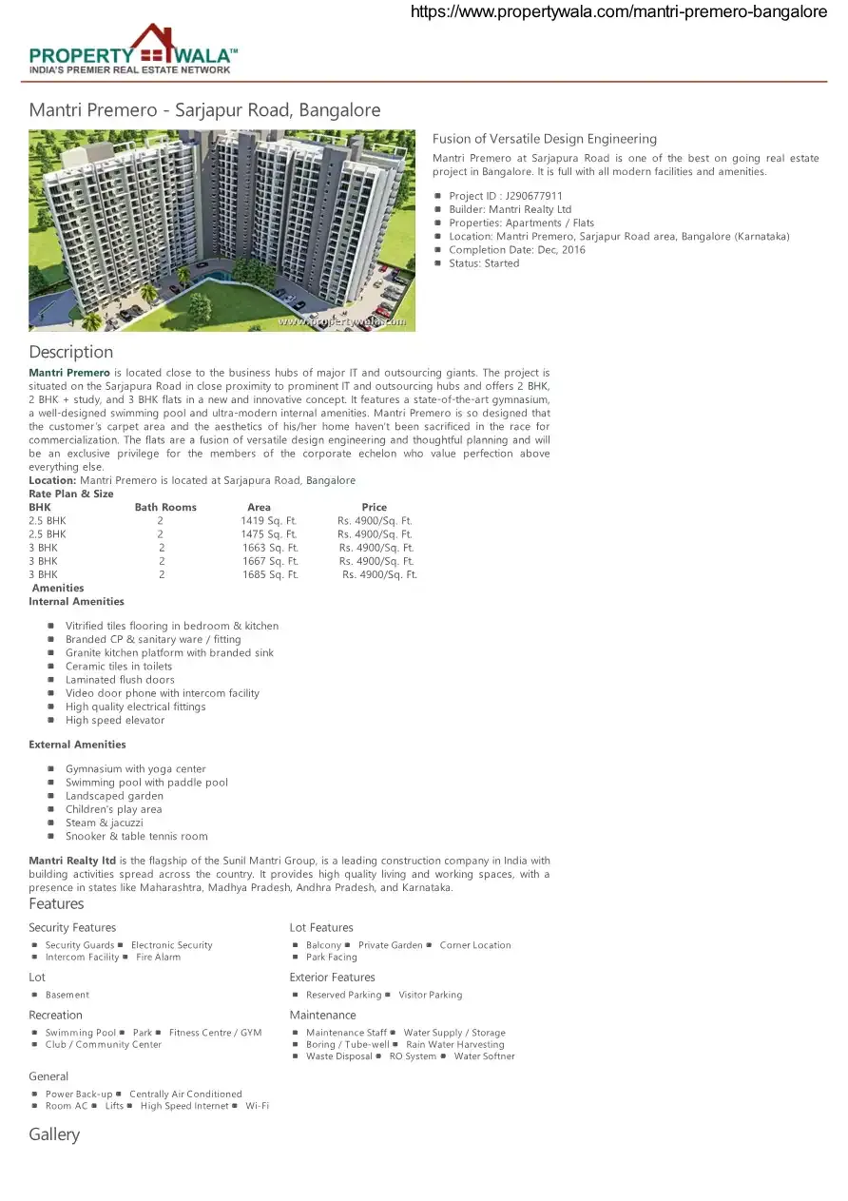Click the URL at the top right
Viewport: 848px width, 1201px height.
pyautogui.click(x=618, y=12)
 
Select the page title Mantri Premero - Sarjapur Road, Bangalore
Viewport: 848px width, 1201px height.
pyautogui.click(x=204, y=110)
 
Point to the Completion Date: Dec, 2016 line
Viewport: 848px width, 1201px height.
pyautogui.click(x=517, y=250)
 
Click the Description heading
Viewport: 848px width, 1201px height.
pyautogui.click(x=70, y=352)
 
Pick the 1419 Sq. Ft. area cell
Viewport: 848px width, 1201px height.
pyautogui.click(x=269, y=521)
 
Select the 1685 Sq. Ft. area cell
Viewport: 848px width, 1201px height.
pyautogui.click(x=270, y=574)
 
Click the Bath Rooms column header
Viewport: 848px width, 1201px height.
pyautogui.click(x=165, y=508)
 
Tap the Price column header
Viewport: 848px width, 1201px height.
pyautogui.click(x=374, y=508)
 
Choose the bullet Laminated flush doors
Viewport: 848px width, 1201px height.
pyautogui.click(x=120, y=680)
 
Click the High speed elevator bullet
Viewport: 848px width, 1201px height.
pyautogui.click(x=115, y=720)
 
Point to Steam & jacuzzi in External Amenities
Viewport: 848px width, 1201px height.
pyautogui.click(x=105, y=823)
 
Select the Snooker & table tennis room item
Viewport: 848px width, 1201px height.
pyautogui.click(x=136, y=836)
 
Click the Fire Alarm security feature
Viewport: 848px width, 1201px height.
pyautogui.click(x=158, y=957)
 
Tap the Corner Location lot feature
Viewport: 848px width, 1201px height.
pyautogui.click(x=475, y=945)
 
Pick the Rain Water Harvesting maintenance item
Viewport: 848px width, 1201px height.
pyautogui.click(x=455, y=1044)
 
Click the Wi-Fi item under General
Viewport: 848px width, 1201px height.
pyautogui.click(x=257, y=1106)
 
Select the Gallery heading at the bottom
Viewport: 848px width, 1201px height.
pyautogui.click(x=54, y=1134)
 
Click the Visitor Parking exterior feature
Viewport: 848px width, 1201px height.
pyautogui.click(x=431, y=995)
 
